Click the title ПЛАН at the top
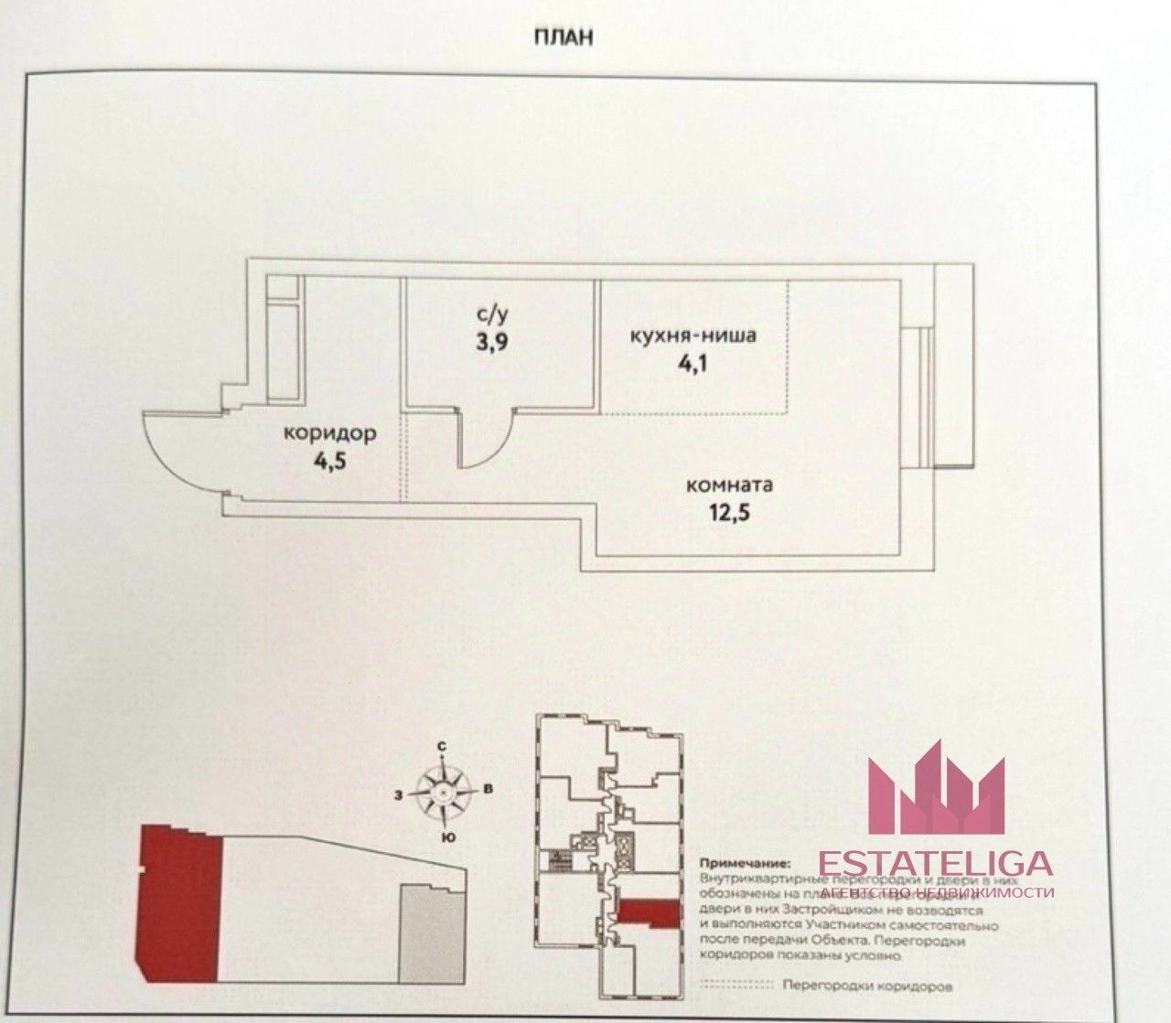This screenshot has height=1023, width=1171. click(x=563, y=37)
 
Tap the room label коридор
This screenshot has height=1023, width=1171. click(x=328, y=433)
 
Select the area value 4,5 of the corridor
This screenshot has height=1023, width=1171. click(x=330, y=460)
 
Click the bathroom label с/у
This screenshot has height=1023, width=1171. click(x=492, y=315)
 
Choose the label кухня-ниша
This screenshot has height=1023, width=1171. click(x=693, y=336)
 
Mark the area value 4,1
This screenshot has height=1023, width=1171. click(x=693, y=362)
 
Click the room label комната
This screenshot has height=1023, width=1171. click(x=729, y=485)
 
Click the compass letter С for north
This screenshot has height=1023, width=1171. click(x=441, y=747)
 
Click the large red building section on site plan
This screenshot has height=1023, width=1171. click(x=178, y=900)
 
